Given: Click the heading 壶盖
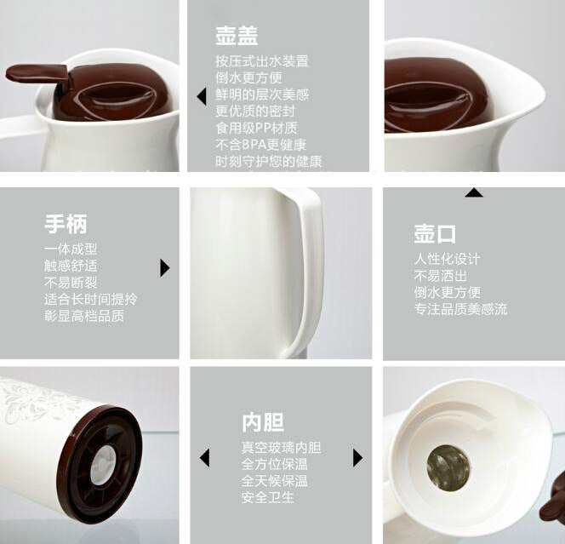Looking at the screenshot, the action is [x=237, y=36].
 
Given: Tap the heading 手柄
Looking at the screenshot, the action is [x=66, y=224].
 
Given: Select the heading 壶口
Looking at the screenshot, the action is [x=435, y=233].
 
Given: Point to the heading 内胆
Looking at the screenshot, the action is [x=263, y=422].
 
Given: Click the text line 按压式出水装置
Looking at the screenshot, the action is [x=262, y=61].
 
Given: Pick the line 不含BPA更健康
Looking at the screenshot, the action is [x=261, y=145].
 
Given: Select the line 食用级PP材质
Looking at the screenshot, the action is [x=257, y=128].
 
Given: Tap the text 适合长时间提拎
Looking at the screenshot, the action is [x=91, y=299].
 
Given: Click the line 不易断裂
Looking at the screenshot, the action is [x=71, y=283].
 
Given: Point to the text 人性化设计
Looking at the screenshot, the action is [x=447, y=259].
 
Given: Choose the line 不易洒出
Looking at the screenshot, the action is [x=440, y=276].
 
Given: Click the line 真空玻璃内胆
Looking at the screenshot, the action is [x=281, y=448].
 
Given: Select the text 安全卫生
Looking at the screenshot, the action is [x=268, y=497].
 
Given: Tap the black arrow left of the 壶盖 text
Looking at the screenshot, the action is [x=202, y=96].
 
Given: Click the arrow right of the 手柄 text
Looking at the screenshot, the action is [x=165, y=268].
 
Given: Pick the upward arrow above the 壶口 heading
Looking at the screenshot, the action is [x=474, y=192].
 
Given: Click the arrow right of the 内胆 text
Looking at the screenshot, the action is [x=358, y=458].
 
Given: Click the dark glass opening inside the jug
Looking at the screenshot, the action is [x=448, y=467].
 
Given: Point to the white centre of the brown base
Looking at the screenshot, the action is [x=104, y=464].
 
